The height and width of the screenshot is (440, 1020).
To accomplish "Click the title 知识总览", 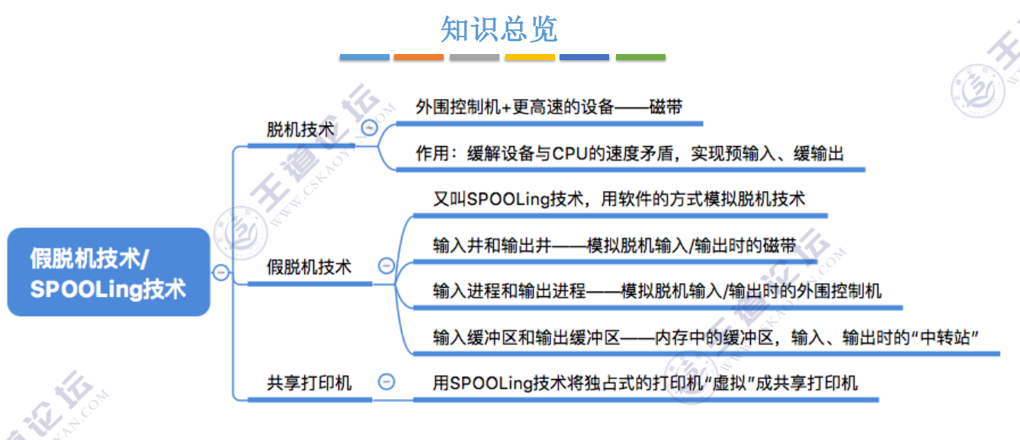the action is tap(499, 30).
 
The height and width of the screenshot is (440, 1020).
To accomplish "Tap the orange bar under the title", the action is tap(419, 57).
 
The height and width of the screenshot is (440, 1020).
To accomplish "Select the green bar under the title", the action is tap(640, 57).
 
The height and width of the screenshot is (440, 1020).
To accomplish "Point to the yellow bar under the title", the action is tap(530, 57).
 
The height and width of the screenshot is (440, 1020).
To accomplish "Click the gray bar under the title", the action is tap(474, 57).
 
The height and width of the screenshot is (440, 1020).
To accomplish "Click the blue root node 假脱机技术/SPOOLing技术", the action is tap(108, 273).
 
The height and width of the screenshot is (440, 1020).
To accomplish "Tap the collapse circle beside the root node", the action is tap(220, 273).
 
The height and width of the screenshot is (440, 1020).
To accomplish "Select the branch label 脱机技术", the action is tap(301, 129).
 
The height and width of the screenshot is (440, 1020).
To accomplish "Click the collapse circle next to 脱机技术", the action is tap(370, 128).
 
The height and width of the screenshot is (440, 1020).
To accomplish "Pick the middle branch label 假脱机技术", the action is tap(309, 267).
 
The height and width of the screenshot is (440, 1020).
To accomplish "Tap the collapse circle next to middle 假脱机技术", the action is tap(387, 266).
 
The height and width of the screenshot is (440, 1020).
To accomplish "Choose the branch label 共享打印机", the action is tap(309, 382).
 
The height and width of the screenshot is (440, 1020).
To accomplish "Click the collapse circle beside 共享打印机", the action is tap(387, 381).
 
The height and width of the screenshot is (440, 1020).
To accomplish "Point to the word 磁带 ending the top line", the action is tap(666, 107).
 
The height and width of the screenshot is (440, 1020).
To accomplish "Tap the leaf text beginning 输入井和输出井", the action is tap(614, 245).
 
